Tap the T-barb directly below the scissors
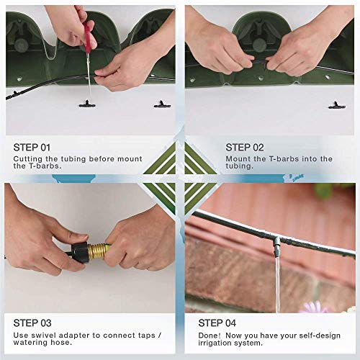(87, 104)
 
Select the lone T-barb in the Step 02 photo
(337, 105)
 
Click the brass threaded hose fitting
(97, 253)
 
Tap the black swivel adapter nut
(79, 253)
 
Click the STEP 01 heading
(32, 148)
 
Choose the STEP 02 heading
(245, 148)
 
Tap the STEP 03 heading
(32, 323)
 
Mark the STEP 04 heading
(217, 323)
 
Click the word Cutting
(28, 159)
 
